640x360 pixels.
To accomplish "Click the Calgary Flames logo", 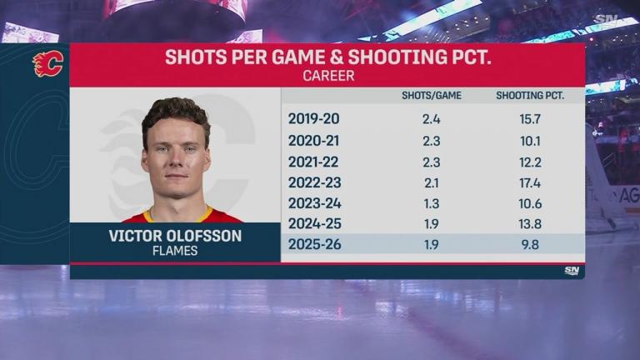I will [47, 63].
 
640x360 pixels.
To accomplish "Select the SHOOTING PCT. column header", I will [530, 96].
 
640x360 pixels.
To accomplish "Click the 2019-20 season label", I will [314, 118].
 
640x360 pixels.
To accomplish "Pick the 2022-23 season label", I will [315, 182].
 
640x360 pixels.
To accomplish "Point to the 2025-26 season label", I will [315, 244].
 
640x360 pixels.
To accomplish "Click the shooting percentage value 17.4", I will [530, 182].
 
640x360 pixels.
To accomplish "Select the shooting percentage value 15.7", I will [530, 118].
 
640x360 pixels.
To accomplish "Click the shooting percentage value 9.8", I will [530, 244].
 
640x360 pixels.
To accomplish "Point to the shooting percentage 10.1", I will [530, 139].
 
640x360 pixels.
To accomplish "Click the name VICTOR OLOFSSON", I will [175, 236].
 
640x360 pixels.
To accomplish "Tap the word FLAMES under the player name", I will [175, 251].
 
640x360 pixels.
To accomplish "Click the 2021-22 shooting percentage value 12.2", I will [530, 161].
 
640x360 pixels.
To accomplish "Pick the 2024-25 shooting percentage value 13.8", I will [530, 223].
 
